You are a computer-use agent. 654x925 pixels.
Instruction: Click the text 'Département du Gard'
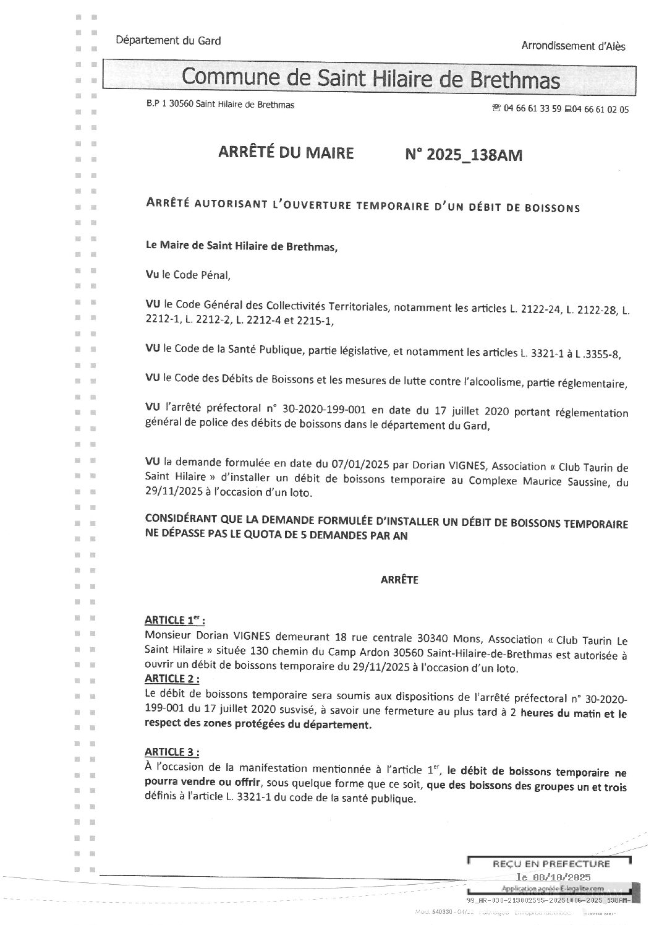point(168,41)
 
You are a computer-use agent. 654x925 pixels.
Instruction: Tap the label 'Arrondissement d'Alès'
point(574,46)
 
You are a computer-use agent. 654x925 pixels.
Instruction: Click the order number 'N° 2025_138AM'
point(463,155)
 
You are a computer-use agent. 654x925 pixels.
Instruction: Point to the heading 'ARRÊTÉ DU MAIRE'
point(286,153)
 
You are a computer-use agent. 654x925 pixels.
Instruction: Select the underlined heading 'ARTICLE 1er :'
point(175,620)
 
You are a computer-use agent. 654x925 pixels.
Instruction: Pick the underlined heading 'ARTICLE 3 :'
point(172,752)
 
